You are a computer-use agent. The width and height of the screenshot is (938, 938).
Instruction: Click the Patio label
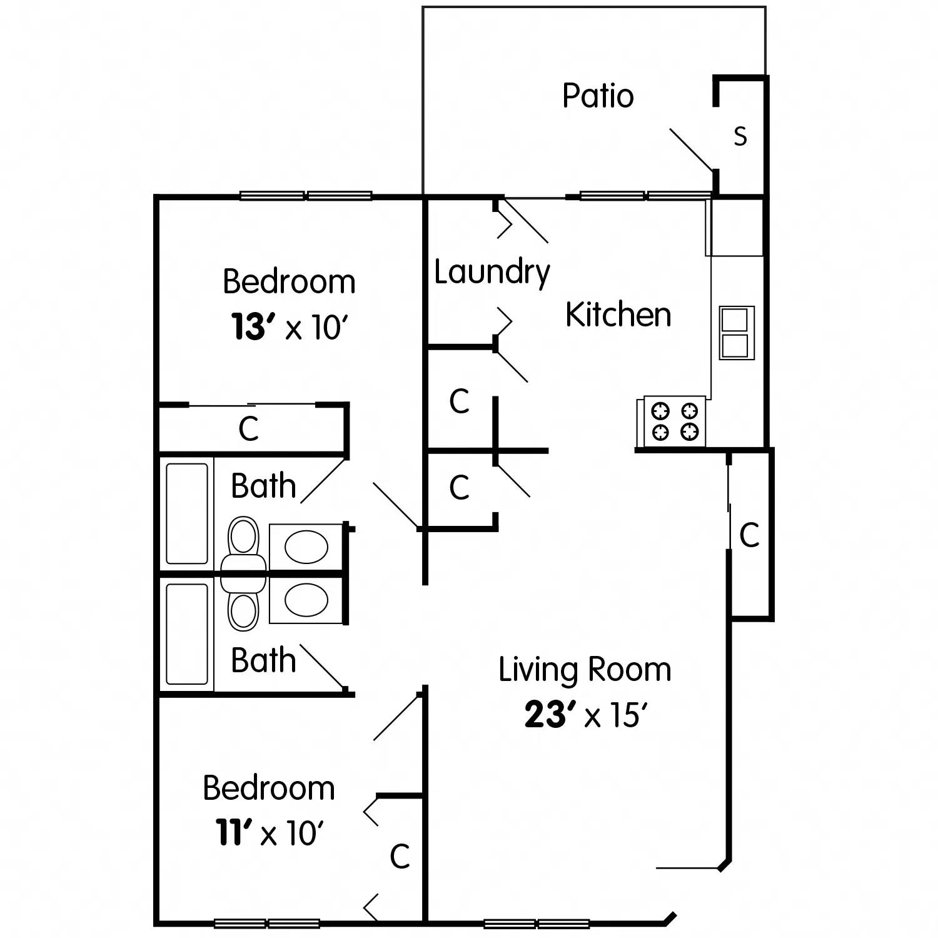pos(598,96)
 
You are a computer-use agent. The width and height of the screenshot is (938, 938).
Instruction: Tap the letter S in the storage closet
pos(740,136)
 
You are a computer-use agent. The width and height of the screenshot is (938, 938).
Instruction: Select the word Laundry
pos(492,273)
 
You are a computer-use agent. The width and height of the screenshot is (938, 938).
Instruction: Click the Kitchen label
pos(618,315)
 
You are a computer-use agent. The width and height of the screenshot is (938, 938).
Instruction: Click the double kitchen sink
pos(736,333)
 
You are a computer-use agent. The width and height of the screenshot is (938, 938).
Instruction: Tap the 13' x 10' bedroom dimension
pos(289,327)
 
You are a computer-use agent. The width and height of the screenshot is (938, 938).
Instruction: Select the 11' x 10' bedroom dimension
pos(270,833)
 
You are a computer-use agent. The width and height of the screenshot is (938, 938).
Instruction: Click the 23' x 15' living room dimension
pos(585,714)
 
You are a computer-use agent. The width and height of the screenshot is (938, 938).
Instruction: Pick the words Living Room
pos(585,670)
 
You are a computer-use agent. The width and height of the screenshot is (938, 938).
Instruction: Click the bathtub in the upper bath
pos(186,513)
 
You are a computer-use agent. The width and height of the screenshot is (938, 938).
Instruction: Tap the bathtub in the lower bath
pos(186,634)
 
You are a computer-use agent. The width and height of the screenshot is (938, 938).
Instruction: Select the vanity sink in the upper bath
pos(306,547)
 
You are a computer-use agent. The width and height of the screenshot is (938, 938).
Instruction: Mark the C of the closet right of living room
pos(749,535)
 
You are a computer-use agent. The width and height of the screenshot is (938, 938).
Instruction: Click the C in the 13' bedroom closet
pos(248,429)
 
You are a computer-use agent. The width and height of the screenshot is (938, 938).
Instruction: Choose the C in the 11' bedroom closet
pos(400,857)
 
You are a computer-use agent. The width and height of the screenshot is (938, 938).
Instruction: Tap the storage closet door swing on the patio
pos(691,150)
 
